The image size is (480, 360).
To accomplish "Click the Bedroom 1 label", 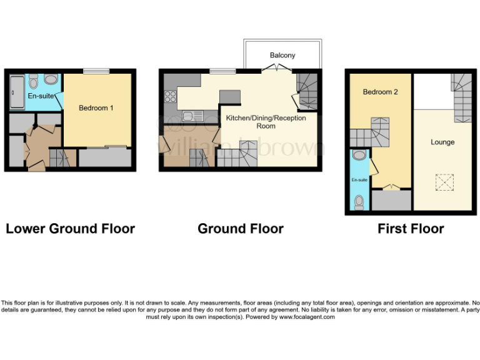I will click(96, 108).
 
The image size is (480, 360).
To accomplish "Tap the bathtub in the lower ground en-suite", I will click(16, 92).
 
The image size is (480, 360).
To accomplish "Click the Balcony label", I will click(282, 56).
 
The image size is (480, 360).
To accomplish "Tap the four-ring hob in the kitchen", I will click(170, 96).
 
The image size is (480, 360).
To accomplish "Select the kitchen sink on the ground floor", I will click(190, 116).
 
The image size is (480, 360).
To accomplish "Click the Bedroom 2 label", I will click(381, 92).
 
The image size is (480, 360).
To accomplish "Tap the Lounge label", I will click(442, 142).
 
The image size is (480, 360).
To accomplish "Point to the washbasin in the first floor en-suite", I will click(359, 156).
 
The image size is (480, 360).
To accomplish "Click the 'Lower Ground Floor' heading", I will click(70, 229).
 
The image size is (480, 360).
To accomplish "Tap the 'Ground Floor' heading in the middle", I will click(240, 229).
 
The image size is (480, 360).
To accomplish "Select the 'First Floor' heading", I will click(411, 229).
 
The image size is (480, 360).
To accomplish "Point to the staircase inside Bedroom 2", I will click(370, 132).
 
